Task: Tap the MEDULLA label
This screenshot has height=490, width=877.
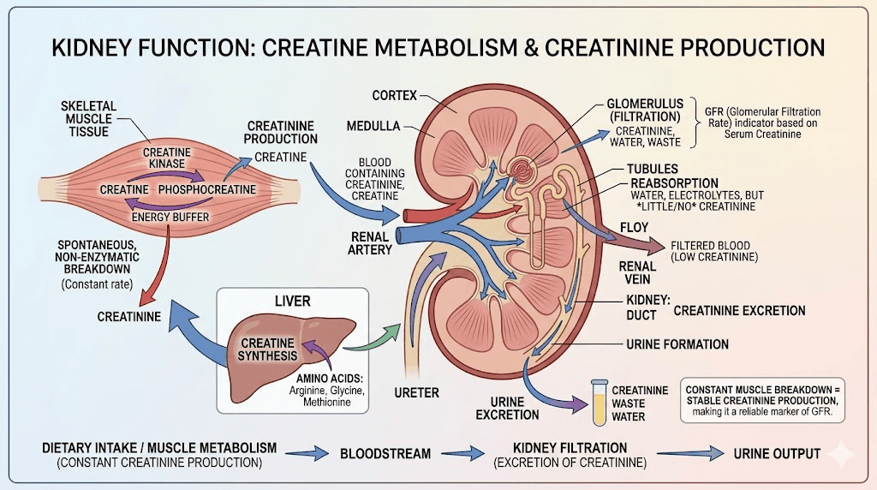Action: (373, 127)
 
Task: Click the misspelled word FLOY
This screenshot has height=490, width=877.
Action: (635, 228)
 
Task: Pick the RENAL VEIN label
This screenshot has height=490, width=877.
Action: (638, 272)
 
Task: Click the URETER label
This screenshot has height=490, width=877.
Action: (417, 392)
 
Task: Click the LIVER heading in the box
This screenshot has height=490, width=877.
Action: (293, 302)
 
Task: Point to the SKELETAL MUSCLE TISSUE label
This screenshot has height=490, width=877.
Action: (89, 118)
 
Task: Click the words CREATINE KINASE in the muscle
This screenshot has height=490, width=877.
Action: (168, 158)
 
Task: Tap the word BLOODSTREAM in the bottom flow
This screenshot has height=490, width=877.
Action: (385, 453)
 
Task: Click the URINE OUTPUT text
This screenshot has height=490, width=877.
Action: (777, 453)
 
